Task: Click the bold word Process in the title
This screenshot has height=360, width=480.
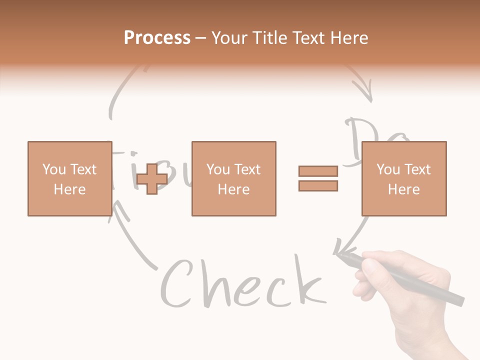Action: click(x=157, y=37)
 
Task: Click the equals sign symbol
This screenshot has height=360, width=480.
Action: click(x=318, y=178)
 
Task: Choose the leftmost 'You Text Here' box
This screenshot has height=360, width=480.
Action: click(x=69, y=178)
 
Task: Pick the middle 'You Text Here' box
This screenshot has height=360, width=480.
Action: click(x=233, y=178)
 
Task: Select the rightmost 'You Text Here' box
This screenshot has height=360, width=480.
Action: click(x=403, y=178)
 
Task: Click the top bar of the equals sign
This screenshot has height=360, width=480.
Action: click(x=318, y=171)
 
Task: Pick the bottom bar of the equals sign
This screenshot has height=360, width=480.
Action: click(x=318, y=185)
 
